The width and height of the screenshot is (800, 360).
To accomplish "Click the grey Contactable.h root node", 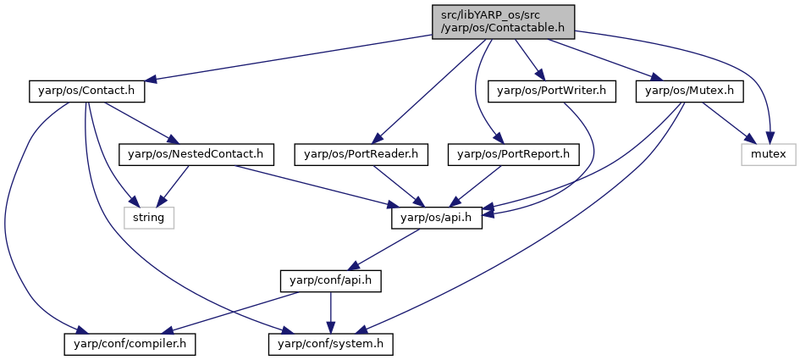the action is coord(503,22).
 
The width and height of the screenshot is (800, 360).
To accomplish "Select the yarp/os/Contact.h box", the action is coord(86,91).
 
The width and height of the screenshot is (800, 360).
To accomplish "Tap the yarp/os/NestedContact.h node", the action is coord(196,154).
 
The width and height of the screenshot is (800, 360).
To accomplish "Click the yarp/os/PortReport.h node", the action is coord(514,154).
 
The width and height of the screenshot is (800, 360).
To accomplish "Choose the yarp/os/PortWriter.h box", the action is coord(551,91).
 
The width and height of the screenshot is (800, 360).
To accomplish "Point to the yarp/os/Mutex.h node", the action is coord(689,91).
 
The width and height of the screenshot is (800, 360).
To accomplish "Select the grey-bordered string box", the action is coord(148,218).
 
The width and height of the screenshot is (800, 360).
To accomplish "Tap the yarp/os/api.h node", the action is coord(437,218).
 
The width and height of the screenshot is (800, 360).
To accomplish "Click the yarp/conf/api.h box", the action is coord(331,280).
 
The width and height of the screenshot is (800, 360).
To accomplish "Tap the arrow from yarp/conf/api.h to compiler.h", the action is coord(229,313).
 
